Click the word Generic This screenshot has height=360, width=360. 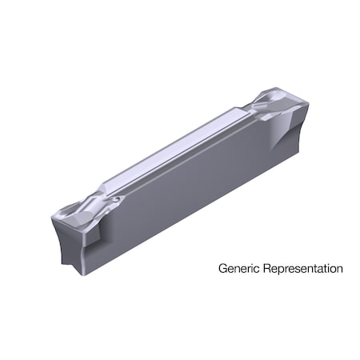tap(238, 269)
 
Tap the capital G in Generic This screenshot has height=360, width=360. tap(223, 269)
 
